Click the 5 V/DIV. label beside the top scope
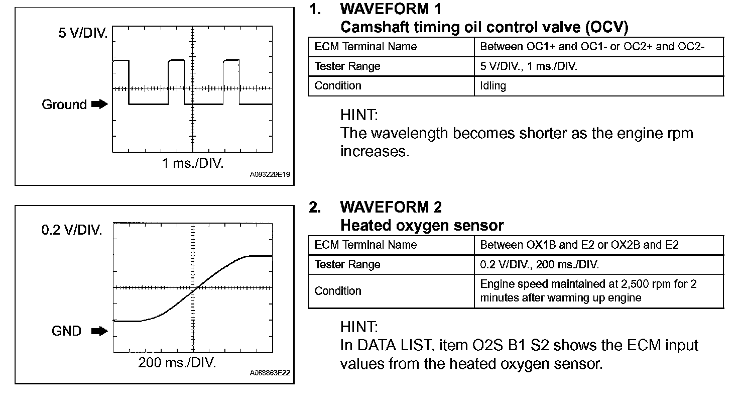[83, 34]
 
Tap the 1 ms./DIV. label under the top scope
[193, 164]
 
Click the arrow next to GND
[100, 331]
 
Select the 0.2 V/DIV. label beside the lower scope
[72, 231]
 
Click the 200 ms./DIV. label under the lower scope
[177, 363]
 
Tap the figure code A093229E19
[270, 175]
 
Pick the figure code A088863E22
[270, 373]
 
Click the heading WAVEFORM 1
[391, 9]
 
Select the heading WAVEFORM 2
[391, 207]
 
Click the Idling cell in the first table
[493, 86]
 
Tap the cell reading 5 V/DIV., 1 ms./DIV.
[529, 66]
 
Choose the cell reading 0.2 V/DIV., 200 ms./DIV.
[540, 265]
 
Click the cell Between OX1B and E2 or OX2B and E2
[579, 245]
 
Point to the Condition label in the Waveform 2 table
[338, 291]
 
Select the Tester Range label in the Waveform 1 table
[347, 66]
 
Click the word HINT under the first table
[358, 115]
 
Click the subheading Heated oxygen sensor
[422, 226]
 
